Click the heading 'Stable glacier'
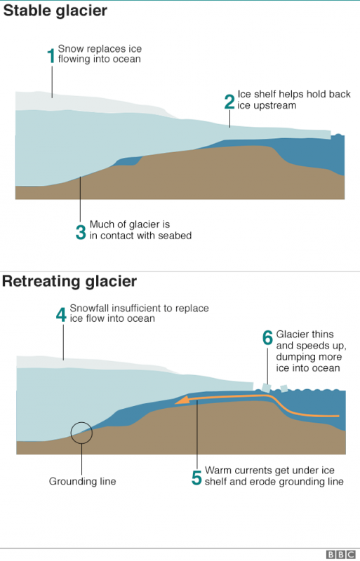point(55,11)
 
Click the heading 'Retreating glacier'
point(69,281)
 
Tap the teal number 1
point(51,56)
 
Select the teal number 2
point(229,102)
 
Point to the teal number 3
point(81,232)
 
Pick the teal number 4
point(61,315)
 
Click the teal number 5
point(196,478)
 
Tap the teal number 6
point(267,338)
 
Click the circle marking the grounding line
point(81,423)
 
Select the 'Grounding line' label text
point(82,481)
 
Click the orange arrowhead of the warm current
point(182,400)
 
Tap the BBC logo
point(341,555)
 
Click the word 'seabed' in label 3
point(175,236)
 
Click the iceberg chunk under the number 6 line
point(267,388)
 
